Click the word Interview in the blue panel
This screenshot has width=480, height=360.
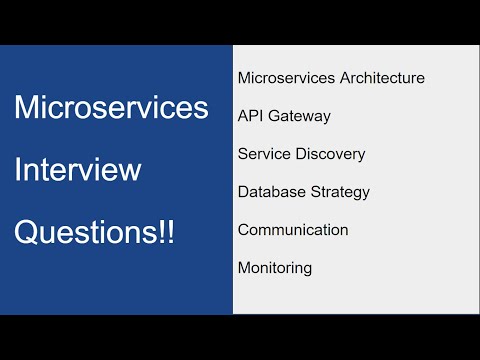77,170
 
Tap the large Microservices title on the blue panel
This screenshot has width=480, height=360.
111,108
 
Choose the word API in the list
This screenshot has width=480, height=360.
250,115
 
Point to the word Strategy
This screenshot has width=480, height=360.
339,192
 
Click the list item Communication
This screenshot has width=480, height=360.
293,229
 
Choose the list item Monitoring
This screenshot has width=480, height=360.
275,268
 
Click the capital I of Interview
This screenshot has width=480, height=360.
18,170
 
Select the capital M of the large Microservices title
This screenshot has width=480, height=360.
27,108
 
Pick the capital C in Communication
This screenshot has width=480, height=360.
244,229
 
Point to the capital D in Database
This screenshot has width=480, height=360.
244,191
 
